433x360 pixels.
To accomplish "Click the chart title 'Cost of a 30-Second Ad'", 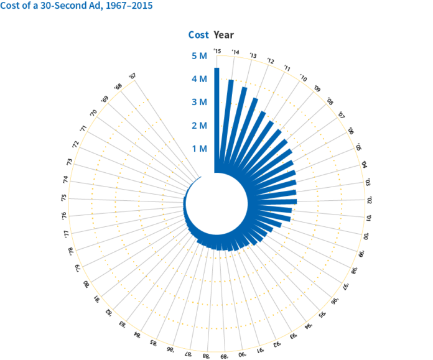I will coord(76,6).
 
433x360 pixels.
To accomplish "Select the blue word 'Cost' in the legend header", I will coord(198,35).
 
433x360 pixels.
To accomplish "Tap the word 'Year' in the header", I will coord(224,35).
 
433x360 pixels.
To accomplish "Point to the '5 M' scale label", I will coord(199,56).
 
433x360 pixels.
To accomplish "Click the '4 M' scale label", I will coord(199,79).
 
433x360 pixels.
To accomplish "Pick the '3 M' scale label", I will coord(199,102).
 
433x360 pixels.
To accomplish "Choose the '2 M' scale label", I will coord(199,126).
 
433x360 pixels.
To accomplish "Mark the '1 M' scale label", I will coord(199,149).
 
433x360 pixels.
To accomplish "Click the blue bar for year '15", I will coord(216,118).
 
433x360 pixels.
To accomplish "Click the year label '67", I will coord(132,76).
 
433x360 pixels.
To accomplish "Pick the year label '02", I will coord(369,200).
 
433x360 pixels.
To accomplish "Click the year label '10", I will coord(303,78).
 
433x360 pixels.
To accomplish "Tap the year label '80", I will coord(85,284).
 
